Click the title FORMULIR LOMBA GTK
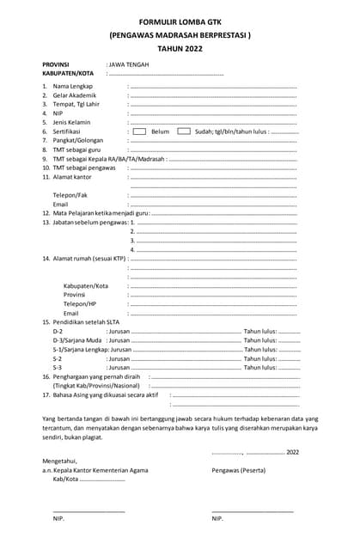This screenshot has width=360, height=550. [180, 23]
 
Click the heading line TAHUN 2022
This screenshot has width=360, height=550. [180, 50]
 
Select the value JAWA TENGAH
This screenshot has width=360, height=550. [127, 64]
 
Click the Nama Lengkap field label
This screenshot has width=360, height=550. [72, 87]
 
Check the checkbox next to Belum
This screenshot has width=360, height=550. [138, 131]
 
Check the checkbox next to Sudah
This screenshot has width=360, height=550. [183, 131]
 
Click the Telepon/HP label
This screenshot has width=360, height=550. [80, 303]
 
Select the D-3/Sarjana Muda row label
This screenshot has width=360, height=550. [77, 340]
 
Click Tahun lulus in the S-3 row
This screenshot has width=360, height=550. [259, 367]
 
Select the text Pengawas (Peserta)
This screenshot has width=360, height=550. [238, 470]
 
